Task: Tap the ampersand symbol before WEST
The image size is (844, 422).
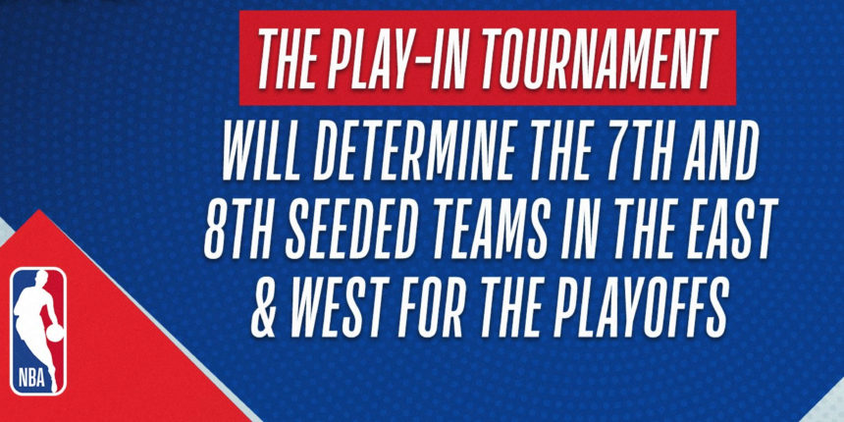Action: tap(267, 306)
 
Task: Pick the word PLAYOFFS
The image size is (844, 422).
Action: tap(642, 306)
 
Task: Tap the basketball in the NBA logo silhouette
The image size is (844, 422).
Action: tap(54, 334)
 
